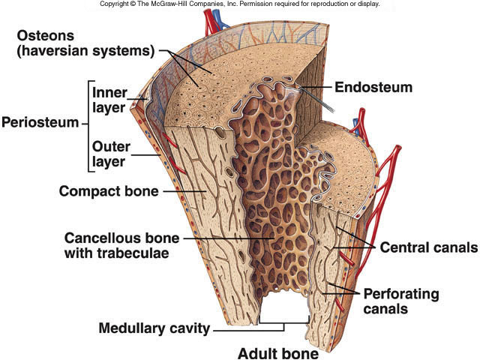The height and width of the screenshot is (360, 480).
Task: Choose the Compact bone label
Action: [109, 190]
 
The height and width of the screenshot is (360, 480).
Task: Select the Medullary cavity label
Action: [154, 328]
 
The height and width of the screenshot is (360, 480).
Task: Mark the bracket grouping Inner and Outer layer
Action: [89, 124]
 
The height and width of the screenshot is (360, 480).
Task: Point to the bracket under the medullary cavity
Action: [284, 324]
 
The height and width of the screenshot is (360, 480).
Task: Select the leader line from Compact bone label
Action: [180, 190]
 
